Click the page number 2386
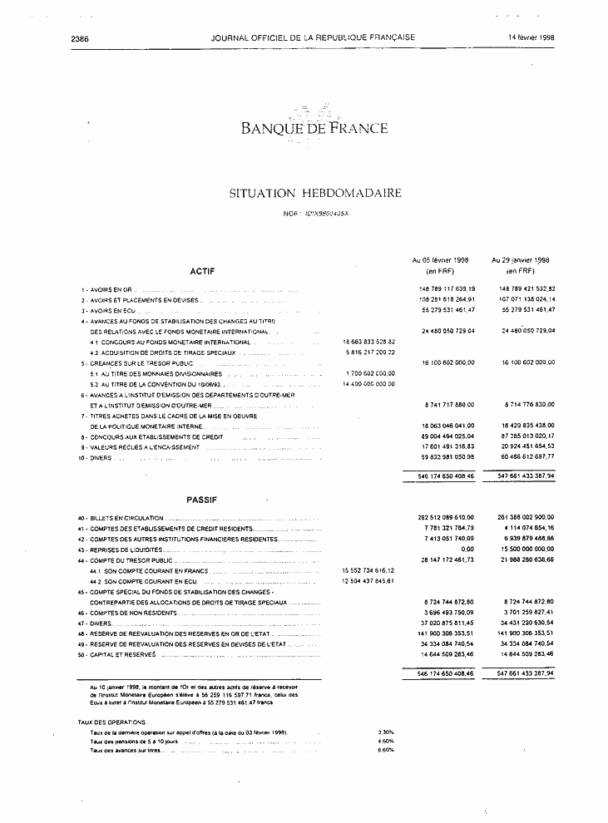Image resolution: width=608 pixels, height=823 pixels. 81,37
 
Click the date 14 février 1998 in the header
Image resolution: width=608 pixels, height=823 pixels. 531,37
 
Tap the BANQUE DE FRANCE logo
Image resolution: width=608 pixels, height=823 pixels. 314,127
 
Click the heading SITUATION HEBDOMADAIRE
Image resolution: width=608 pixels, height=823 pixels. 315,193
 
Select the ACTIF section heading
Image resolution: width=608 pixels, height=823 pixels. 202,271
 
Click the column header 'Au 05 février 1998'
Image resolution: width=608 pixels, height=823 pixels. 440,259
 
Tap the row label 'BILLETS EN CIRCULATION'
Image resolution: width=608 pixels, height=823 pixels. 126,518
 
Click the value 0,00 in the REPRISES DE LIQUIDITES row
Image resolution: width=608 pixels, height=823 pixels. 467,549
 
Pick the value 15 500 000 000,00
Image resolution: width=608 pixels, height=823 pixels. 522,549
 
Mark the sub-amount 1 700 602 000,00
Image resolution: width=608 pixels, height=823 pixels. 369,374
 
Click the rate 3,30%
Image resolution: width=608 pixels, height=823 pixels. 385,732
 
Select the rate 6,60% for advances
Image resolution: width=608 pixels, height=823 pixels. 385,750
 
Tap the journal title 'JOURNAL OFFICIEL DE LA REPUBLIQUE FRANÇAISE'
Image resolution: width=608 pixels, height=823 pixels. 314,37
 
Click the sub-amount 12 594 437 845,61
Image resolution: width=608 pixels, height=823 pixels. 368,580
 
